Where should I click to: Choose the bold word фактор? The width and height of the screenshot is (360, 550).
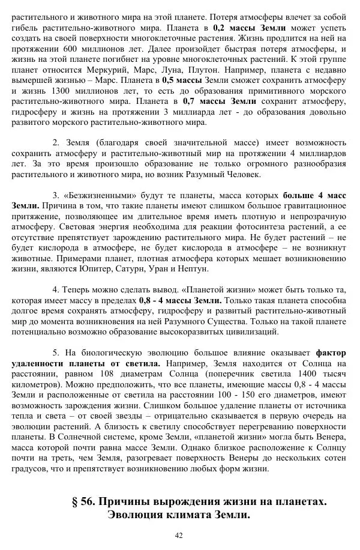click(331, 353)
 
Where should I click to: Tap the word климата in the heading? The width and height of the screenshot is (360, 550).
click(184, 515)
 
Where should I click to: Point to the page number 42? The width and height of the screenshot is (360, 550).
click(179, 536)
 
